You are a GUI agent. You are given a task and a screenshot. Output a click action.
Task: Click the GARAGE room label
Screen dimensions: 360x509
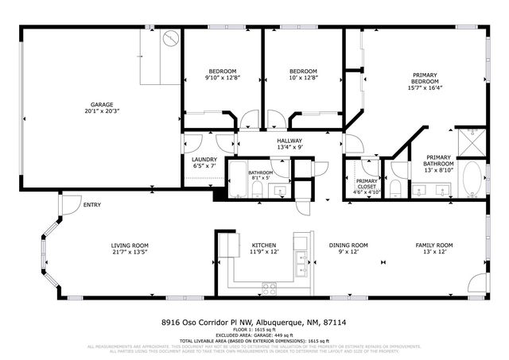click(100, 105)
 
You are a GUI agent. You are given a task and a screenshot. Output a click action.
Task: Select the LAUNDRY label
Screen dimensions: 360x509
click(204, 159)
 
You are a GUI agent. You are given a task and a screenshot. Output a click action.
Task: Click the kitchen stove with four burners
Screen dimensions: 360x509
click(270, 288)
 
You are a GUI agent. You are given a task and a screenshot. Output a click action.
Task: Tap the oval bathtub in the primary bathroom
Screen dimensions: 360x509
click(471, 179)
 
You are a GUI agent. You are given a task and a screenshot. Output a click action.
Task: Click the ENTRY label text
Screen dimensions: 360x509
click(92, 206)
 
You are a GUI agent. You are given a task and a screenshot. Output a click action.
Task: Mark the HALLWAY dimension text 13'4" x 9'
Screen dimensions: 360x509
click(290, 147)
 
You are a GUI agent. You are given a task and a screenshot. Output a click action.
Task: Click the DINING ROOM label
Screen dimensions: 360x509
click(348, 245)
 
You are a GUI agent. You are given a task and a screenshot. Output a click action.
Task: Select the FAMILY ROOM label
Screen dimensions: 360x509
click(434, 245)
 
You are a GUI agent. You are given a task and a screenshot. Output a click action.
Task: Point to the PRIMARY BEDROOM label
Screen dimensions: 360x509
click(425, 78)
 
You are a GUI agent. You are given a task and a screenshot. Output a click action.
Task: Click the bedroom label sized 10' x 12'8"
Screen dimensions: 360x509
click(303, 71)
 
